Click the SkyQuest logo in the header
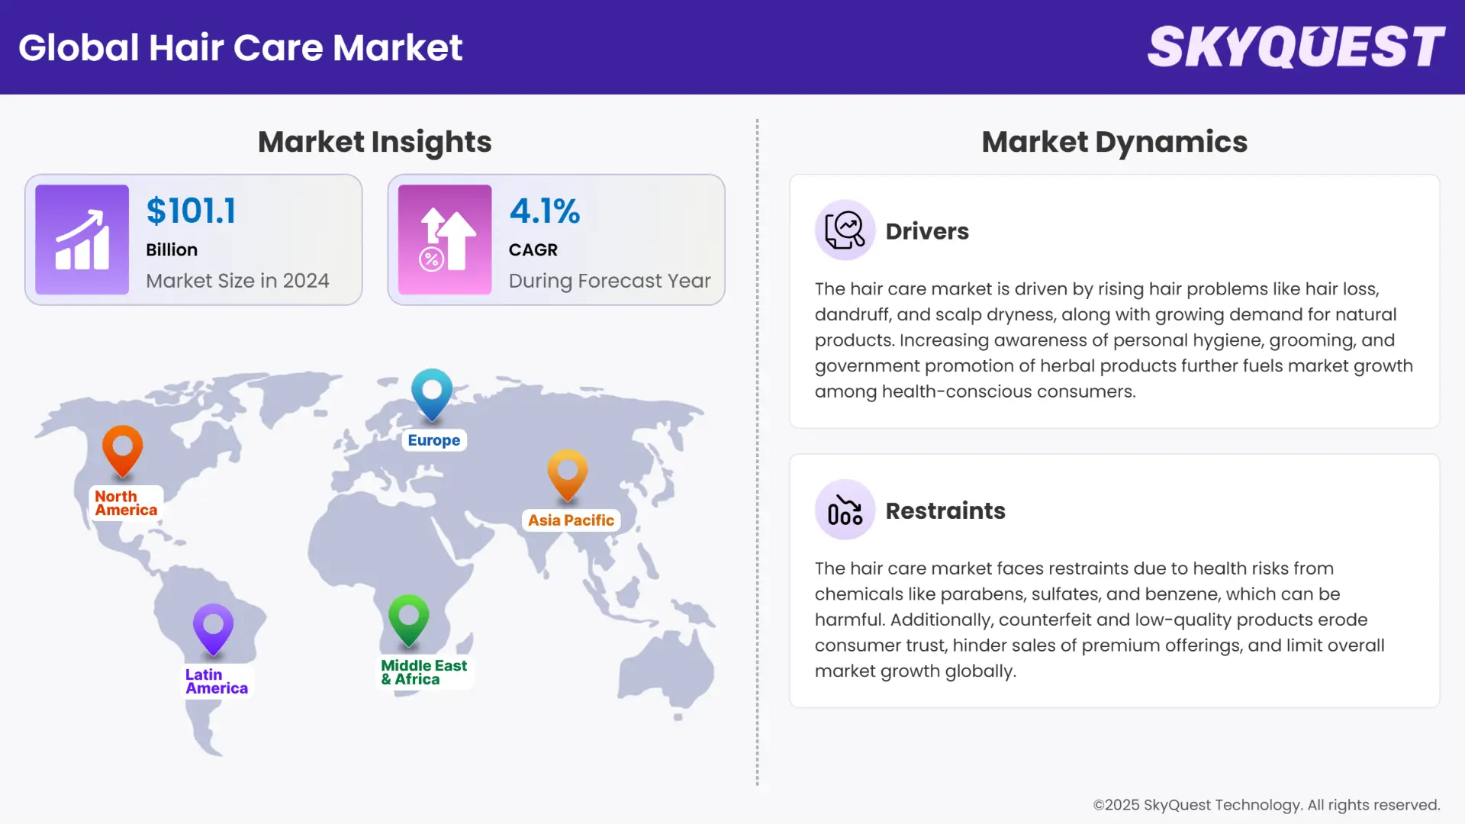[1296, 47]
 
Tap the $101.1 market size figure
[192, 211]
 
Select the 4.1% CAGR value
[545, 211]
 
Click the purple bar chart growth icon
[82, 240]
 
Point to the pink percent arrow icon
[445, 240]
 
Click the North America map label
[126, 504]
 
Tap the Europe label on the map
[433, 440]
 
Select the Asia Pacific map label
[571, 520]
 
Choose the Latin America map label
[217, 681]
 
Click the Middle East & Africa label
[424, 672]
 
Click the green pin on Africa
[409, 618]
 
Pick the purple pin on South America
[213, 628]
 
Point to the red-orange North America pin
[123, 449]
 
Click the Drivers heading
[927, 231]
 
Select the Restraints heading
[945, 510]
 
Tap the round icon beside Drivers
[845, 230]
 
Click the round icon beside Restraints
[845, 510]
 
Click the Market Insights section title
[375, 142]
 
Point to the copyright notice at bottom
[1267, 805]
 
